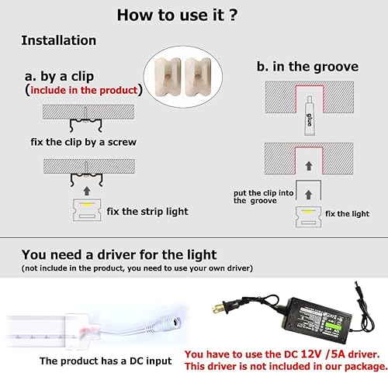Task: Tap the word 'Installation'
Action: click(x=58, y=40)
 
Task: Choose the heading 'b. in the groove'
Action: click(x=307, y=67)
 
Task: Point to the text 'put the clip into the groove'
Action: click(x=261, y=195)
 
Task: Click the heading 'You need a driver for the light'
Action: click(x=119, y=254)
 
